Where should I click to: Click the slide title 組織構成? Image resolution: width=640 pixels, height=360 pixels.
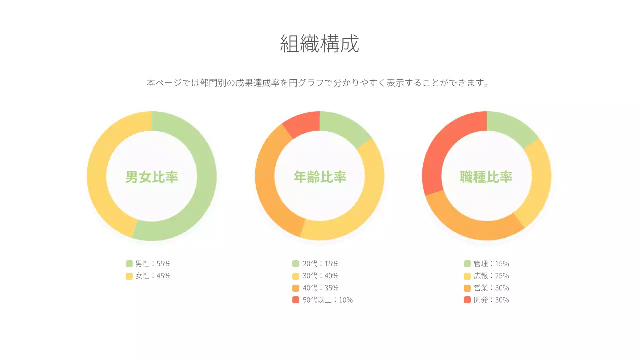[319, 44]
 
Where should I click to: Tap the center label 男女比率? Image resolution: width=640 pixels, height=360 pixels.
[152, 177]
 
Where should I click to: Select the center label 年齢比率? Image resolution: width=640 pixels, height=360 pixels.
[320, 177]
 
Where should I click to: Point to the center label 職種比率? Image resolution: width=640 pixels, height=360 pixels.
[486, 177]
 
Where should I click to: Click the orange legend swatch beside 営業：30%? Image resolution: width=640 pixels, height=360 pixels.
[467, 288]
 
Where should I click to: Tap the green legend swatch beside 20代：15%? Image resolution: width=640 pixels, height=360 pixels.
[296, 263]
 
